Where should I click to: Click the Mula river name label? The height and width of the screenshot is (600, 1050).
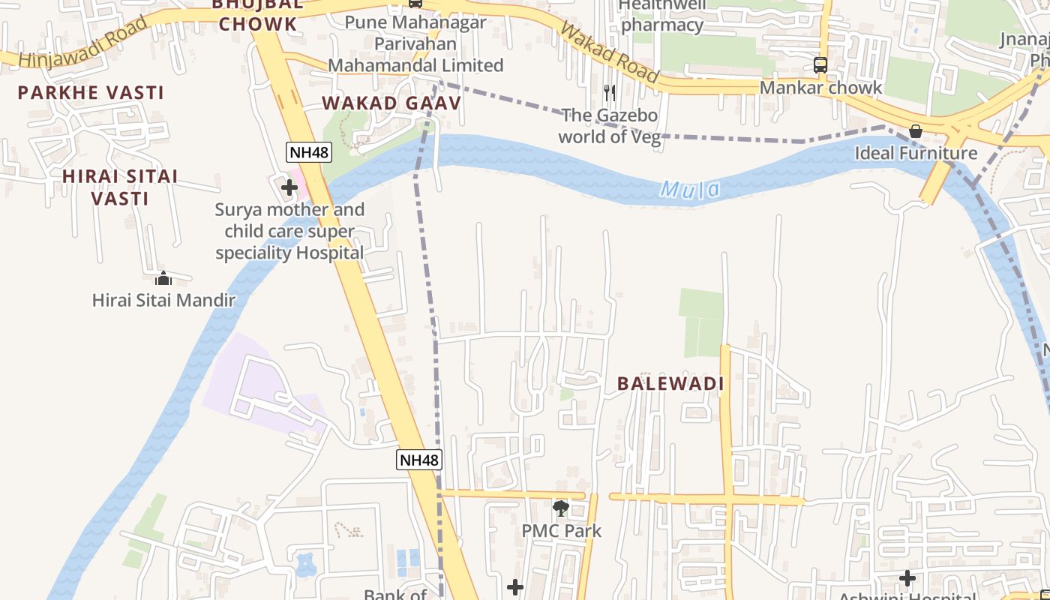(689, 189)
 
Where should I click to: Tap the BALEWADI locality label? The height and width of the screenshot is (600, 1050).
(670, 384)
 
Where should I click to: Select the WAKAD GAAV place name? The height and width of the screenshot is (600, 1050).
(391, 103)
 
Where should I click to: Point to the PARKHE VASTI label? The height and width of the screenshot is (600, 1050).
(91, 93)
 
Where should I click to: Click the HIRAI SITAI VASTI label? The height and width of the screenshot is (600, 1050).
(120, 187)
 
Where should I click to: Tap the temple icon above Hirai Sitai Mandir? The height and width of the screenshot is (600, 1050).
(163, 279)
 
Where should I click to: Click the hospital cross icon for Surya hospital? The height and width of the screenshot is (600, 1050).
(289, 187)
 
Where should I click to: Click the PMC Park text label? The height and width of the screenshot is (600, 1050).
(562, 531)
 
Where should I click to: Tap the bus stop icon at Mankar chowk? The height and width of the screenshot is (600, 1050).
(820, 65)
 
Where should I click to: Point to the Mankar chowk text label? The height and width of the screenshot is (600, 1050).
(821, 88)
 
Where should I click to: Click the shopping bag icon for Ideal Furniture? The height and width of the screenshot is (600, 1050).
(916, 132)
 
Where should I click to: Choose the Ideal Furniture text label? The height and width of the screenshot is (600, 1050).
(916, 153)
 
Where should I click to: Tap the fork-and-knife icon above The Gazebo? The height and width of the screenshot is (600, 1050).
(610, 93)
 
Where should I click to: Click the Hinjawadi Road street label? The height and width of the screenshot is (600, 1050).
(82, 43)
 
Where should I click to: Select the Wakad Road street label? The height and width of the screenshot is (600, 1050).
(609, 53)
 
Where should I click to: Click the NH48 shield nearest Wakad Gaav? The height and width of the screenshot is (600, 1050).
(308, 152)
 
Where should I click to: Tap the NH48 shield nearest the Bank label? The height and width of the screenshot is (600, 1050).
(419, 460)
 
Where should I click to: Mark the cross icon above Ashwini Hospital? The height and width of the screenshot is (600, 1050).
(907, 578)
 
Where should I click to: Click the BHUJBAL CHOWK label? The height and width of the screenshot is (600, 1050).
(258, 15)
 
